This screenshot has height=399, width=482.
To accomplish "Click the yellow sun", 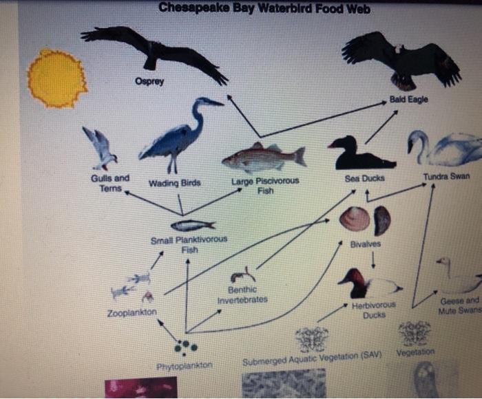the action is (56, 78).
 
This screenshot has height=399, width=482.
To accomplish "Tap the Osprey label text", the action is (149, 82).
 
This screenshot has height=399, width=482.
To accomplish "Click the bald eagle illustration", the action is (402, 59).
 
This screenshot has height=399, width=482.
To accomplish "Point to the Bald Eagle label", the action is (408, 100).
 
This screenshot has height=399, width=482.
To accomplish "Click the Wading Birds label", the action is (175, 183).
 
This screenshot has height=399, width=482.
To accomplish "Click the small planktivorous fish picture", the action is (191, 225).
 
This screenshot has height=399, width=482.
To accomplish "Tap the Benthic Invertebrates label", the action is (242, 295).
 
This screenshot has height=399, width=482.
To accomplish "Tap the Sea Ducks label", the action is (364, 178).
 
